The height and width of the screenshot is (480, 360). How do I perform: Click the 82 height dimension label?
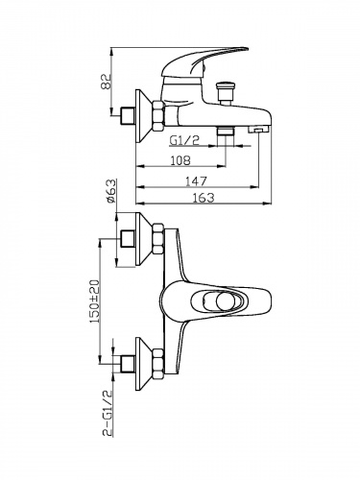(107, 82)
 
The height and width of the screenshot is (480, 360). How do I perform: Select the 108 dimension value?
(180, 160)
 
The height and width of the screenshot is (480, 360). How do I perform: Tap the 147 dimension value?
(196, 181)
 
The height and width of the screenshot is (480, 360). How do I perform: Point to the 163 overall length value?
(204, 197)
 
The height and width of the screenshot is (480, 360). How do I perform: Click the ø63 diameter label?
(110, 191)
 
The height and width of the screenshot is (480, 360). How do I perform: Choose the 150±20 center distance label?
(95, 301)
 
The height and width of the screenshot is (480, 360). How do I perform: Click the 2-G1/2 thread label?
(108, 413)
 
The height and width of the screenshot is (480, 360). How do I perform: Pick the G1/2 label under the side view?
(184, 140)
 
